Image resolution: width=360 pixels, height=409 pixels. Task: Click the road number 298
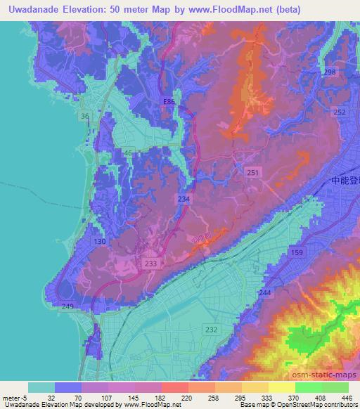330,73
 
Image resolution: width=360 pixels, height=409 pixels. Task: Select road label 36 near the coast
84,116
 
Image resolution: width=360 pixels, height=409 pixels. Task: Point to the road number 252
340,112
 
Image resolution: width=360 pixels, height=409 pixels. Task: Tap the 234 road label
184,200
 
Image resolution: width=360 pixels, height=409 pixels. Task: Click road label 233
150,263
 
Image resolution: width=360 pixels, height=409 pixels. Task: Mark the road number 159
297,252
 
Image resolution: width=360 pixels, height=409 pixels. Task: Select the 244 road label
264,292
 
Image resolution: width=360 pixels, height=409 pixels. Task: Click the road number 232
210,329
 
